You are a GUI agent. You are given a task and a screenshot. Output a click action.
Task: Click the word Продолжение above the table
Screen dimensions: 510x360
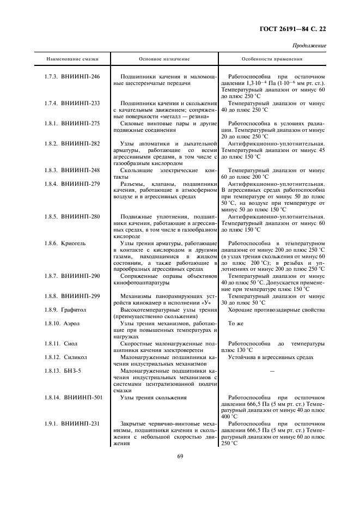coord(309,46)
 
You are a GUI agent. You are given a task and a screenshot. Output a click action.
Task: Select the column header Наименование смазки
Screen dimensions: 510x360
coord(68,58)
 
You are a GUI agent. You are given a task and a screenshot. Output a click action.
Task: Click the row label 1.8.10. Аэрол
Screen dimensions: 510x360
coord(62,323)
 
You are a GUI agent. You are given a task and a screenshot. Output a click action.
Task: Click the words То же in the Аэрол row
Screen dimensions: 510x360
coord(235,324)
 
